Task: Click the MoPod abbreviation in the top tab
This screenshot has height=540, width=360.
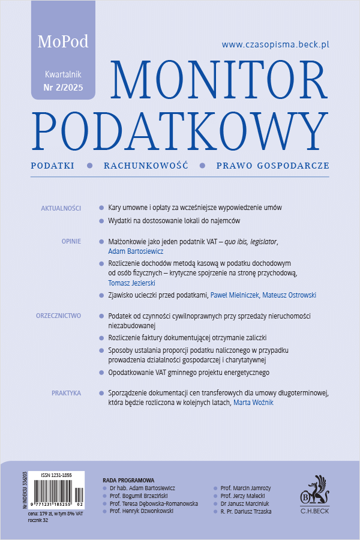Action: pos(63,41)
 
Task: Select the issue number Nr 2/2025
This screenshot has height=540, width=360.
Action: pos(63,88)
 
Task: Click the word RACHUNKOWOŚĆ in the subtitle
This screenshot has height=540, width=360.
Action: pos(146,166)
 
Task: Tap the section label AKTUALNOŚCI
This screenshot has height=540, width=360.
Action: pos(61,208)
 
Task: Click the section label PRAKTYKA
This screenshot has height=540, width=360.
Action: pos(67,393)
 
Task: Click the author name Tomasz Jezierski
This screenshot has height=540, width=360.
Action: pos(132,283)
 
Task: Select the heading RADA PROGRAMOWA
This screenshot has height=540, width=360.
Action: pos(128,480)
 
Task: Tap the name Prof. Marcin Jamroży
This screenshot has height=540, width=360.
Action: pos(247,488)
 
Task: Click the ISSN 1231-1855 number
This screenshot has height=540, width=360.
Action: pos(56,475)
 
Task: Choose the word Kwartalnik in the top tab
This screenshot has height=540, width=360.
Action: pos(63,75)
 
